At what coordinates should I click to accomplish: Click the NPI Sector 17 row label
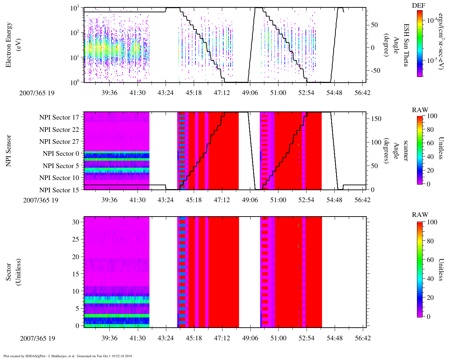59,117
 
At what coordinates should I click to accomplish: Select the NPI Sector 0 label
61,154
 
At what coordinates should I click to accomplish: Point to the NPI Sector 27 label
59,142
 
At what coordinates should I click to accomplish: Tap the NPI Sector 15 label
59,190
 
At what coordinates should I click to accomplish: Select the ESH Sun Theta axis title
406,45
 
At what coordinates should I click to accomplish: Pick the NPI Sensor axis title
8,150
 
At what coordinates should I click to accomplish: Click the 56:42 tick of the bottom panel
363,338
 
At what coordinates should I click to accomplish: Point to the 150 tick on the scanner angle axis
377,119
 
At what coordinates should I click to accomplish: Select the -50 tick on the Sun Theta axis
375,71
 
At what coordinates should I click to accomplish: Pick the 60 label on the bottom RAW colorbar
430,260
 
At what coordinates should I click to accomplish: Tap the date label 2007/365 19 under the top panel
37,93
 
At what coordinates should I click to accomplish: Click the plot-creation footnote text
68,356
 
